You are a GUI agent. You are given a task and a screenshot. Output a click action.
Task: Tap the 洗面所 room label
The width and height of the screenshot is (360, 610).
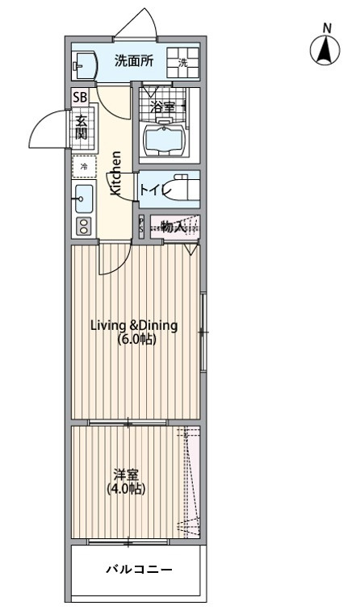(134, 61)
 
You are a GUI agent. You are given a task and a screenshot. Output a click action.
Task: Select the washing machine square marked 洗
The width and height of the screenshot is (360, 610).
(183, 63)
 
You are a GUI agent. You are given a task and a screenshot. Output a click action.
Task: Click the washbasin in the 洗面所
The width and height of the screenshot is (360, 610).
(86, 66)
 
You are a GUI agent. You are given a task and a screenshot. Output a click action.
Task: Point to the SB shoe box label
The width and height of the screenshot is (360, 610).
(81, 97)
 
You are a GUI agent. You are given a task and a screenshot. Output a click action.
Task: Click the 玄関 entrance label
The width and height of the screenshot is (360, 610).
(81, 127)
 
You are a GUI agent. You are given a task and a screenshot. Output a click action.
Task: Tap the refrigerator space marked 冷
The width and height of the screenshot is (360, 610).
(84, 167)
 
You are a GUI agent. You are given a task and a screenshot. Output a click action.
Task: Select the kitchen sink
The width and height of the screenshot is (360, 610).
(83, 198)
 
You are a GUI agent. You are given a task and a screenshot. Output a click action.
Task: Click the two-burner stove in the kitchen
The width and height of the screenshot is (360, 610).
(84, 226)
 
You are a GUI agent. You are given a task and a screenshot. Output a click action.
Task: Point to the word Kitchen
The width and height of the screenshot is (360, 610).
(116, 173)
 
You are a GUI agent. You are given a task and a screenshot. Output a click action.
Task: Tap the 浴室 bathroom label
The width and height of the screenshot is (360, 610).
(163, 107)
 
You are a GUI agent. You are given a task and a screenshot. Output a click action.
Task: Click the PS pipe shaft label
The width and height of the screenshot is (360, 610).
(141, 226)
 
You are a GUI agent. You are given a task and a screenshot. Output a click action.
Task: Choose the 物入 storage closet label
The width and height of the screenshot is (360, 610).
(173, 227)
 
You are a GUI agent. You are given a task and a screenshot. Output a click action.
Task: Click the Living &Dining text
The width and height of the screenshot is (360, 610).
(134, 325)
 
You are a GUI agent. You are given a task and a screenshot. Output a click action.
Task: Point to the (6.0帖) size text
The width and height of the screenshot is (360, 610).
(137, 340)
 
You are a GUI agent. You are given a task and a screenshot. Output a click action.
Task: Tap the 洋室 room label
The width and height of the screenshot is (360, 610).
(126, 475)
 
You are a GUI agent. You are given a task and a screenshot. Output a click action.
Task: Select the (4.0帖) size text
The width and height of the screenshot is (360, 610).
(126, 489)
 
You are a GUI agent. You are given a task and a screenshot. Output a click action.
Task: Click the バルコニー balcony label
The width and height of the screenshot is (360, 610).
(140, 570)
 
